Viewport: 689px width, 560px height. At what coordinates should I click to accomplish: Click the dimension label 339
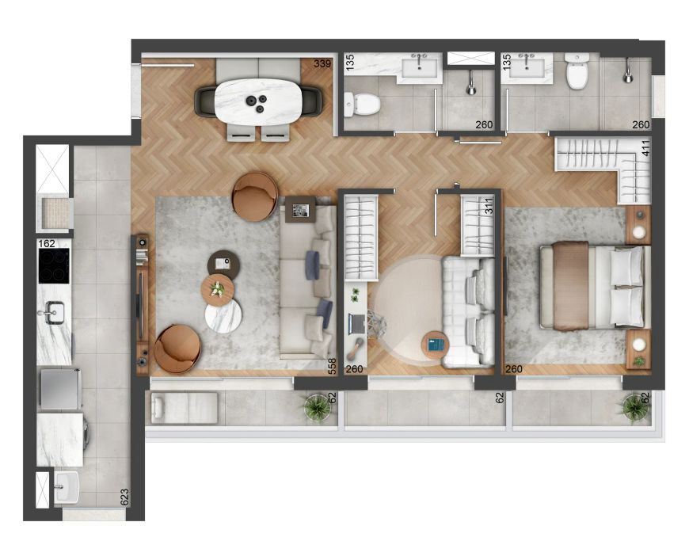click(x=322, y=63)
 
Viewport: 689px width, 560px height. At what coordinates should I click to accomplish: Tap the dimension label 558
click(x=332, y=367)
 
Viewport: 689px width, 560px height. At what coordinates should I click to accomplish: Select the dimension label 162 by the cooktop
click(x=47, y=243)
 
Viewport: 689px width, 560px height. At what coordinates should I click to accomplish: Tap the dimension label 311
click(x=489, y=205)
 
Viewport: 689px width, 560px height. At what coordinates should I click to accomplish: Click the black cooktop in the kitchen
click(x=54, y=265)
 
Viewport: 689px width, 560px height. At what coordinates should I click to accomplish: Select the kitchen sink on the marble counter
click(x=53, y=312)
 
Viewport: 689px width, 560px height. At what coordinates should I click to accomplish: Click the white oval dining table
click(x=258, y=101)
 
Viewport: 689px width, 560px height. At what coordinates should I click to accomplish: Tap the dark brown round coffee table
click(x=223, y=265)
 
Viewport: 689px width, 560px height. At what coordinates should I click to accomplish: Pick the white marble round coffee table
click(x=223, y=315)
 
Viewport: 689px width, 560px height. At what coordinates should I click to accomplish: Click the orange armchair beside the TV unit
click(x=177, y=349)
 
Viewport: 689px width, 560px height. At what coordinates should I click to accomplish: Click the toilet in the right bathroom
click(x=577, y=70)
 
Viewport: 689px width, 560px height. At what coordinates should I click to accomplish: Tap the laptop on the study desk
click(x=357, y=323)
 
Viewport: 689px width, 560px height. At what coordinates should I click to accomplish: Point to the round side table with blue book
click(x=436, y=345)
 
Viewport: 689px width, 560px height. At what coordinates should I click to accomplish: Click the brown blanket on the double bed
click(x=570, y=285)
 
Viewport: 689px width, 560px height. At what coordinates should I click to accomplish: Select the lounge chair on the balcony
click(x=185, y=408)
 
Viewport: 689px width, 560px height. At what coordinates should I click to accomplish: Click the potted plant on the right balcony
click(x=635, y=407)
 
